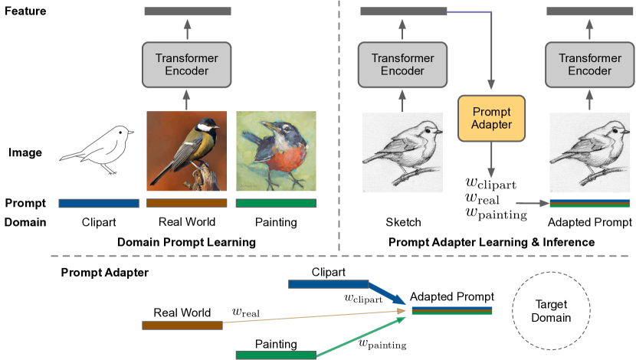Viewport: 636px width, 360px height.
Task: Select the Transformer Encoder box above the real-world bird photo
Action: click(187, 64)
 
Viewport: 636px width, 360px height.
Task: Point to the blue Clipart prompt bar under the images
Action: click(98, 203)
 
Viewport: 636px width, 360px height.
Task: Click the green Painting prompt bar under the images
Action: click(276, 203)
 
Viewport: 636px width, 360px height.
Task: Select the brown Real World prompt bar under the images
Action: click(187, 203)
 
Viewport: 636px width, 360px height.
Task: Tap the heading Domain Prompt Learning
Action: click(186, 242)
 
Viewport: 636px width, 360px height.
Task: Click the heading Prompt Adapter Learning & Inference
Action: click(491, 242)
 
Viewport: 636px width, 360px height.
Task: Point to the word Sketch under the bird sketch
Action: click(402, 223)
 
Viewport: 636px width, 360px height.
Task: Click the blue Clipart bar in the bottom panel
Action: click(329, 284)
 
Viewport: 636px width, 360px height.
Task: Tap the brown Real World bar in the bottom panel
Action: click(182, 325)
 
